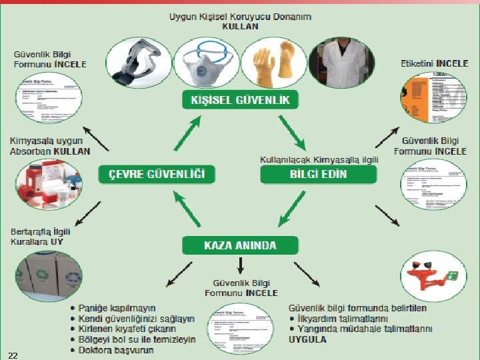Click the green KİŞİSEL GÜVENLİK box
[240, 100]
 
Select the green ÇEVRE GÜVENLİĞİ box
[157, 175]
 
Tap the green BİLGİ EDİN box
[318, 175]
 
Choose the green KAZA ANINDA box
[240, 245]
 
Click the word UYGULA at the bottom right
[307, 339]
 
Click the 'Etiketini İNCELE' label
[434, 63]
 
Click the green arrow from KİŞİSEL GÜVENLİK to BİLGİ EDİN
[292, 131]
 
